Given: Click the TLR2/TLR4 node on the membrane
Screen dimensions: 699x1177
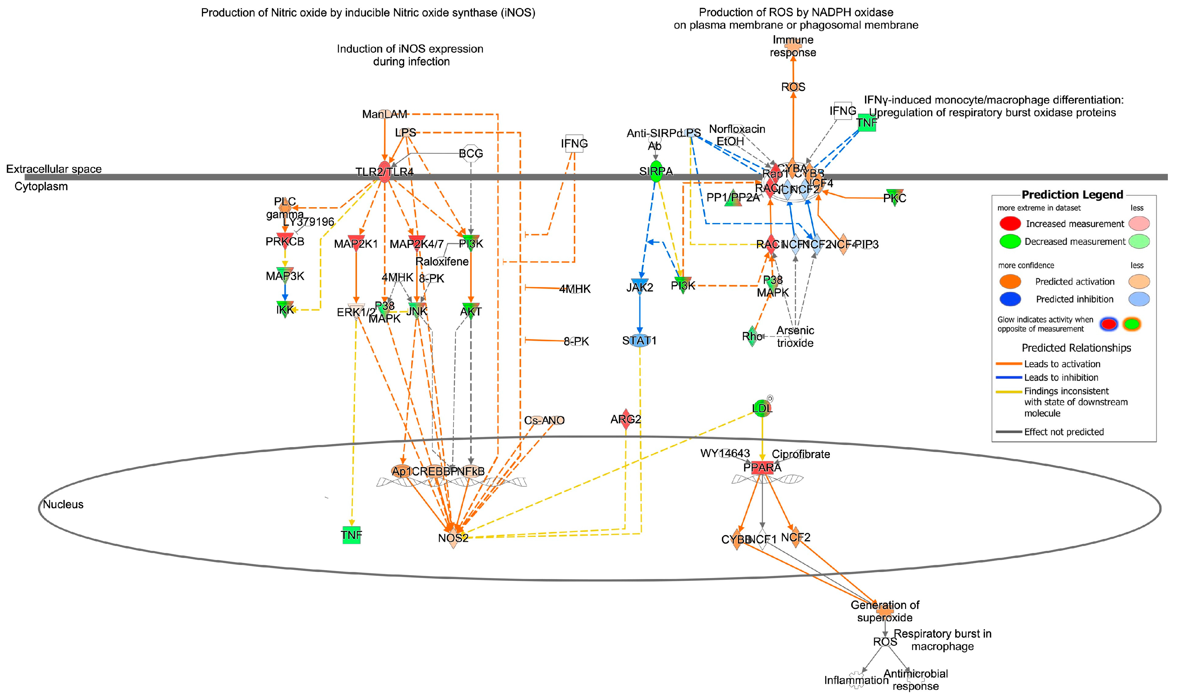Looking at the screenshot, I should tap(385, 172).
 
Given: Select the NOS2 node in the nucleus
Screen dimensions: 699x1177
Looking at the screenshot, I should tap(453, 538).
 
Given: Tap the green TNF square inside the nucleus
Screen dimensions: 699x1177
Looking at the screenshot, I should tap(351, 535).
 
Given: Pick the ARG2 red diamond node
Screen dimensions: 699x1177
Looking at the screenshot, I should tap(625, 419).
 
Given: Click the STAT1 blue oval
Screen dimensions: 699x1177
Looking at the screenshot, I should tap(639, 340).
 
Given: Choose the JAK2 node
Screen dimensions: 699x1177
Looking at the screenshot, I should tap(640, 287).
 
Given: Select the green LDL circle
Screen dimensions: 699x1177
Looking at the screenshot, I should tap(762, 408).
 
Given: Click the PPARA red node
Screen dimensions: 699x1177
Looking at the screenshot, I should tap(762, 467).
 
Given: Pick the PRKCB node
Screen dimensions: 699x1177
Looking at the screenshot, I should tap(285, 241).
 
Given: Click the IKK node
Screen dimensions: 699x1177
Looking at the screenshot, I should tap(285, 310).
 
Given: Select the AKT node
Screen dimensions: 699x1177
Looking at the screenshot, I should tap(471, 311).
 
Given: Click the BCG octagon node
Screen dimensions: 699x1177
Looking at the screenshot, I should tap(471, 153).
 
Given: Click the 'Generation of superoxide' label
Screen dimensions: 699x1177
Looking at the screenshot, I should tap(885, 611).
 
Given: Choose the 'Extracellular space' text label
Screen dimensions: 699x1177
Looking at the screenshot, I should tap(54, 169).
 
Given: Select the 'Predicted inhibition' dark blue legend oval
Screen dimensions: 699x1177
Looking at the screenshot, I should tap(1010, 299).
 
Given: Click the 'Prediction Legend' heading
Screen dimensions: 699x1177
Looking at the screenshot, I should tap(1072, 195).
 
